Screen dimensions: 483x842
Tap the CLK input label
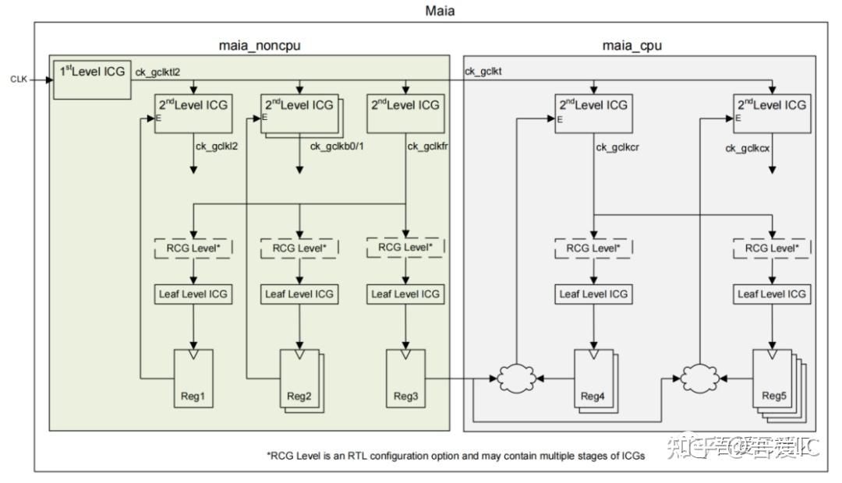[19, 79]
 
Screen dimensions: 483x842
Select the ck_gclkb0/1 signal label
[337, 146]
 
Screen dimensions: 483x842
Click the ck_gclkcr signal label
[619, 146]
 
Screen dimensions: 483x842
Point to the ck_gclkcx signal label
[749, 147]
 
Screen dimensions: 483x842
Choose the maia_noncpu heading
[260, 45]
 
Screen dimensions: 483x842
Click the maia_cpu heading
[632, 45]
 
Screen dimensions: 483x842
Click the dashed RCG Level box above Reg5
[772, 248]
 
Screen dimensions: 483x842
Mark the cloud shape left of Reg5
[698, 379]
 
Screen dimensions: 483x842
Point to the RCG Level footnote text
[456, 456]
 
